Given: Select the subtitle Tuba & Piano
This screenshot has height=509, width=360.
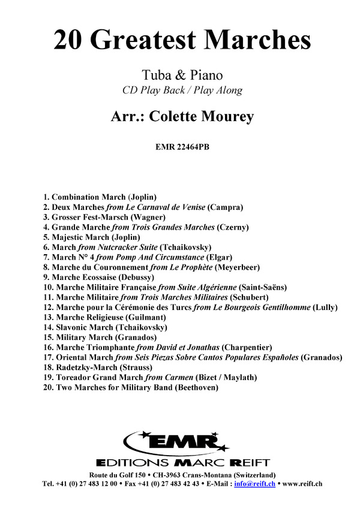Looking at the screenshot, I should (182, 76).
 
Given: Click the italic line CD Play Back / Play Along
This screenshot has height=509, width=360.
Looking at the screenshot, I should (182, 91).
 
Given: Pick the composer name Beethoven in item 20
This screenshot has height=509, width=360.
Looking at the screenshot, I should (196, 388).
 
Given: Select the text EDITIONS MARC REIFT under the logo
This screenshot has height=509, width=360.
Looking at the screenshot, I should (182, 462).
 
